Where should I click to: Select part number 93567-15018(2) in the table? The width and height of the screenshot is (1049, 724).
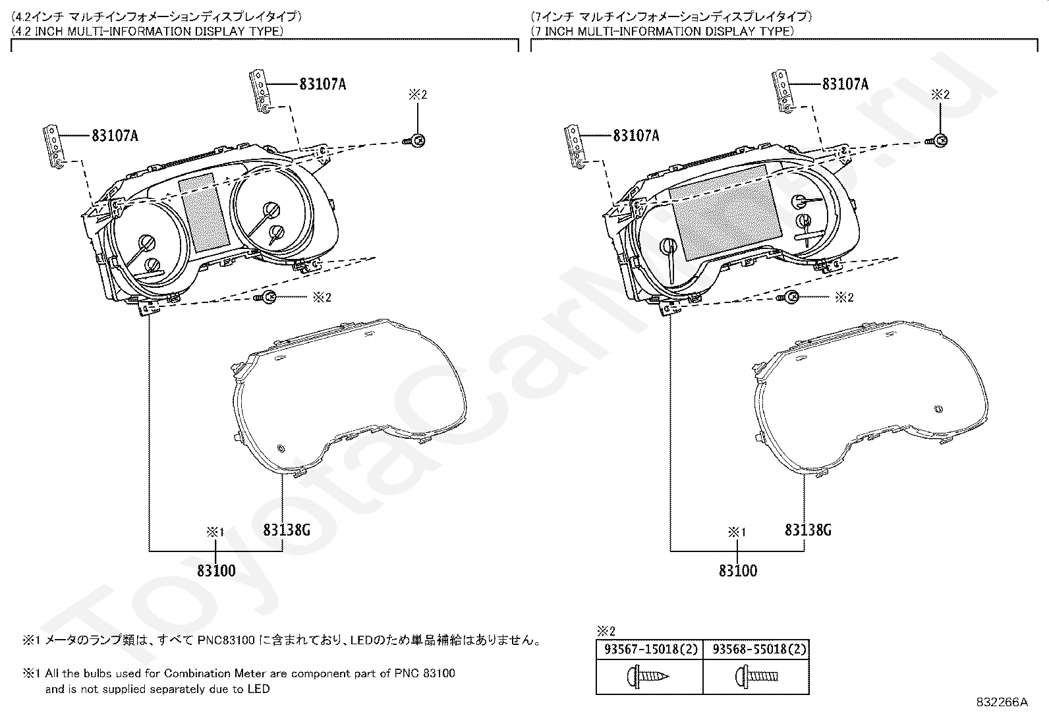(x=649, y=649)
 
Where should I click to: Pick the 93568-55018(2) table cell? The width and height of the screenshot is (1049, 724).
(x=756, y=649)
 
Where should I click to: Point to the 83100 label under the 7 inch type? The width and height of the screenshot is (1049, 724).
(x=738, y=571)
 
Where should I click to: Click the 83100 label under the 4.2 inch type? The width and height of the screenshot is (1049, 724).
(x=216, y=571)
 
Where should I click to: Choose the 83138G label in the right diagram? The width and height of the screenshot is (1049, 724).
(x=808, y=530)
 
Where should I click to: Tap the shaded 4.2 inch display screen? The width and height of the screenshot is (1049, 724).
(x=204, y=212)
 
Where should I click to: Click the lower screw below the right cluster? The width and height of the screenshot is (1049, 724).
(x=790, y=298)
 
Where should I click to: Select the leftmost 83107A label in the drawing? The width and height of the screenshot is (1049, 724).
(x=115, y=136)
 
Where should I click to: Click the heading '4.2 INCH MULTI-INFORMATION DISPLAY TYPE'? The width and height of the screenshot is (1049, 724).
(x=148, y=31)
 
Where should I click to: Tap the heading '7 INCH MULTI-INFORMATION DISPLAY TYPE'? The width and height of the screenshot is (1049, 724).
(x=663, y=31)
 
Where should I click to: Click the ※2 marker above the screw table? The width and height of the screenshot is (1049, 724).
(x=605, y=630)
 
